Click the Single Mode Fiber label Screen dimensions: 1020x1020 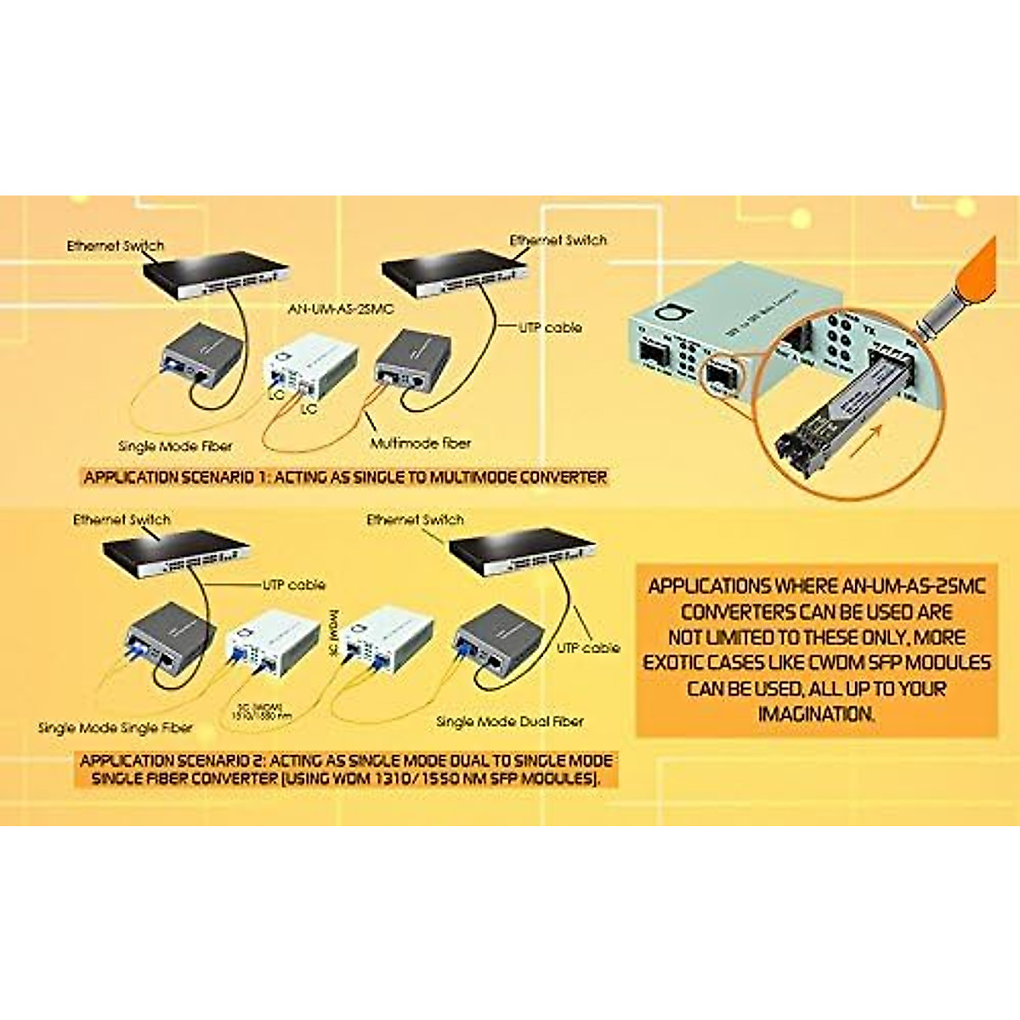pyautogui.click(x=175, y=446)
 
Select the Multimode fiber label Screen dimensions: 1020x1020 pyautogui.click(x=420, y=443)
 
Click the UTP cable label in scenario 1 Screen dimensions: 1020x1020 pyautogui.click(x=550, y=327)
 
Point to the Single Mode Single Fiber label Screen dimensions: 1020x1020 pyautogui.click(x=116, y=728)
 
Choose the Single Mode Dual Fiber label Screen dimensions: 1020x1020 pyautogui.click(x=510, y=721)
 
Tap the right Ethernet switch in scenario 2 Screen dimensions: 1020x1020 pyautogui.click(x=518, y=557)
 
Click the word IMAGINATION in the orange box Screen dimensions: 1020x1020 pyautogui.click(x=816, y=714)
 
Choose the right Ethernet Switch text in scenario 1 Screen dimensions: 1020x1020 pyautogui.click(x=558, y=241)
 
